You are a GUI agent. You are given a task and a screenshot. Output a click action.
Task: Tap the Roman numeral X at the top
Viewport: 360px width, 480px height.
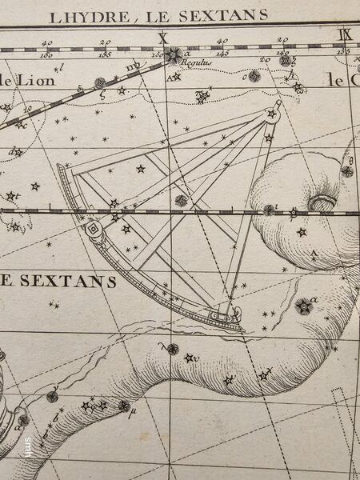(x=163, y=37)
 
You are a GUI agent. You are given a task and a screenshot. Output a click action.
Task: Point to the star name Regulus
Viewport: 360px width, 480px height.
(x=194, y=61)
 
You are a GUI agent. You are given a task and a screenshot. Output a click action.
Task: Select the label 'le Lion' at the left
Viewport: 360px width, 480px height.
(x=18, y=80)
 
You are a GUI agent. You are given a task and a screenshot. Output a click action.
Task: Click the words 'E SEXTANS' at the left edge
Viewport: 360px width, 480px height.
(x=60, y=281)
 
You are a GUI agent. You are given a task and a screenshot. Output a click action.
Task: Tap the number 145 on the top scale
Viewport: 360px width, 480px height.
(x=222, y=54)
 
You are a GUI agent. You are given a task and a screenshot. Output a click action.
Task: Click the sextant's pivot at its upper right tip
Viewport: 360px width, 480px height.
(x=276, y=105)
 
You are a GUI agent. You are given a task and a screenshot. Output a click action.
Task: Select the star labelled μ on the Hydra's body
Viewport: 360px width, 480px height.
(x=124, y=406)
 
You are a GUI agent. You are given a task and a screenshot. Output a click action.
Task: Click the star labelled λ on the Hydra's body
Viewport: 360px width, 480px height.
(x=171, y=348)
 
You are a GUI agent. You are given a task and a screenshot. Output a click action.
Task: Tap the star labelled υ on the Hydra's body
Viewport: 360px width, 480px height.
(x=190, y=357)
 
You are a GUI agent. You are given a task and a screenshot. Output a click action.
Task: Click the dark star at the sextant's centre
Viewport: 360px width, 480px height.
(x=182, y=200)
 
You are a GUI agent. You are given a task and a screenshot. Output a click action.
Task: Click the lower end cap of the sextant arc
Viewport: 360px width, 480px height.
(x=234, y=324)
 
